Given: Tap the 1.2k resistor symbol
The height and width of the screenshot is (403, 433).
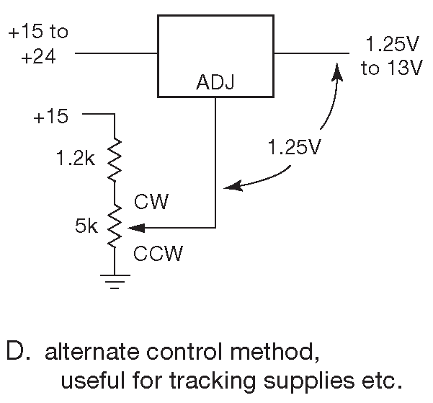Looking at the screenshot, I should (115, 159).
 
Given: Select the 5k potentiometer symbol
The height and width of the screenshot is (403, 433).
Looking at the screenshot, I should (115, 226).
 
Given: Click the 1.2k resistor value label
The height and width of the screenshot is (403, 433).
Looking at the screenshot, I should (76, 160).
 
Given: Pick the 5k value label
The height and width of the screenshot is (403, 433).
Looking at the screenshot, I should (86, 227).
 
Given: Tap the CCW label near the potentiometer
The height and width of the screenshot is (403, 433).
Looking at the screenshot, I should (159, 253).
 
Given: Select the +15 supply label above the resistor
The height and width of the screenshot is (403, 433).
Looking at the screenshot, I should (50, 116).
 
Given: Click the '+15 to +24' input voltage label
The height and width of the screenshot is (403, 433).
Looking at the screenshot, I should (37, 45).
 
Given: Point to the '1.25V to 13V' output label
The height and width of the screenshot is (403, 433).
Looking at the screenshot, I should (389, 57).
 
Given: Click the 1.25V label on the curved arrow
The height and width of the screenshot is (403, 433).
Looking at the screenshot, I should (293, 149).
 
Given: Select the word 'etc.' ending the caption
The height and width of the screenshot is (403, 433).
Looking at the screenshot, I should (378, 378).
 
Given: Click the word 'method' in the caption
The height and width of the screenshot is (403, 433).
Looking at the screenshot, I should (277, 353).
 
